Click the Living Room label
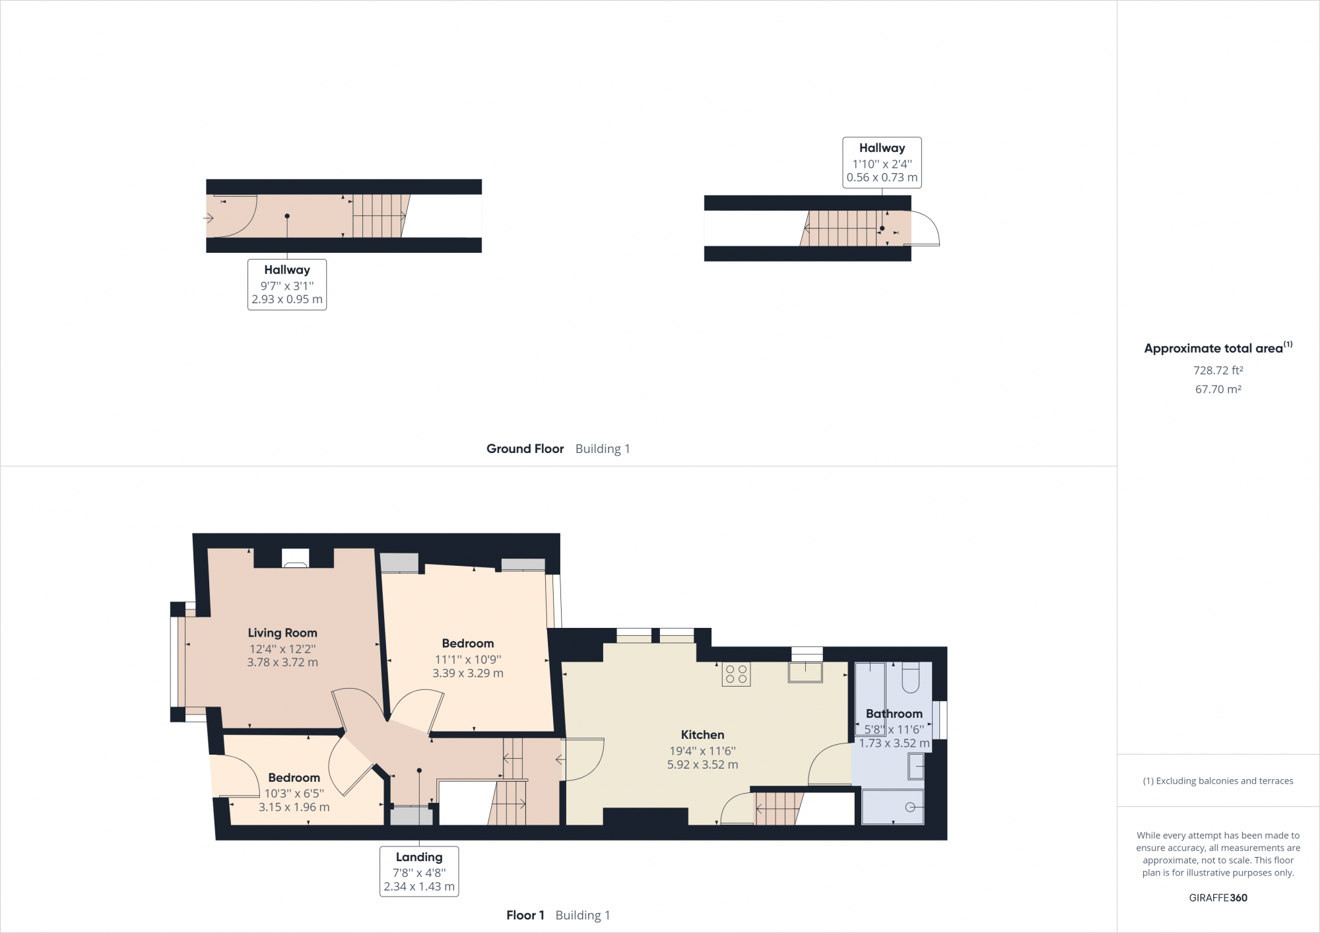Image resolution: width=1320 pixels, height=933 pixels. click(x=282, y=633)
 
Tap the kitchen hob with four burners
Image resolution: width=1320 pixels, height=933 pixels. click(x=736, y=674)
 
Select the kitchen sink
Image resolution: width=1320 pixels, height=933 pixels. click(x=805, y=672)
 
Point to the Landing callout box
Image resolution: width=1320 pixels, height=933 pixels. click(x=419, y=871)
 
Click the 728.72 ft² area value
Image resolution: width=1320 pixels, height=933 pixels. click(x=1218, y=370)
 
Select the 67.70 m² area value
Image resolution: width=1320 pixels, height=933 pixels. click(x=1218, y=390)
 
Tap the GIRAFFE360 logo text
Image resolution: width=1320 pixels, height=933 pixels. click(x=1218, y=897)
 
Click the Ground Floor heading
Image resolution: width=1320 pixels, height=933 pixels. click(x=525, y=449)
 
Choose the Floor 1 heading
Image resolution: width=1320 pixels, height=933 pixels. click(x=525, y=915)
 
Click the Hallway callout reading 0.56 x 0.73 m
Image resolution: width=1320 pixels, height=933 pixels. click(x=882, y=163)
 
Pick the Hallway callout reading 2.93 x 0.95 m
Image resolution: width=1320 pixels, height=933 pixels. click(x=287, y=285)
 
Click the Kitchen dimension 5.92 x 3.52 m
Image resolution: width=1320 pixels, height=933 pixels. click(x=702, y=765)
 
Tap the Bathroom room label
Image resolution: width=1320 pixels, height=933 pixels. click(x=894, y=714)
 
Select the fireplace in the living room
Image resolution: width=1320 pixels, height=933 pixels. click(x=295, y=559)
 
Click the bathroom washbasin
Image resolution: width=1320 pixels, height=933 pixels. click(x=916, y=767)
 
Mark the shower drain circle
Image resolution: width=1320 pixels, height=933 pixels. click(x=910, y=807)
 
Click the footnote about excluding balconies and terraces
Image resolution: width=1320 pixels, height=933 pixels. click(x=1218, y=781)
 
